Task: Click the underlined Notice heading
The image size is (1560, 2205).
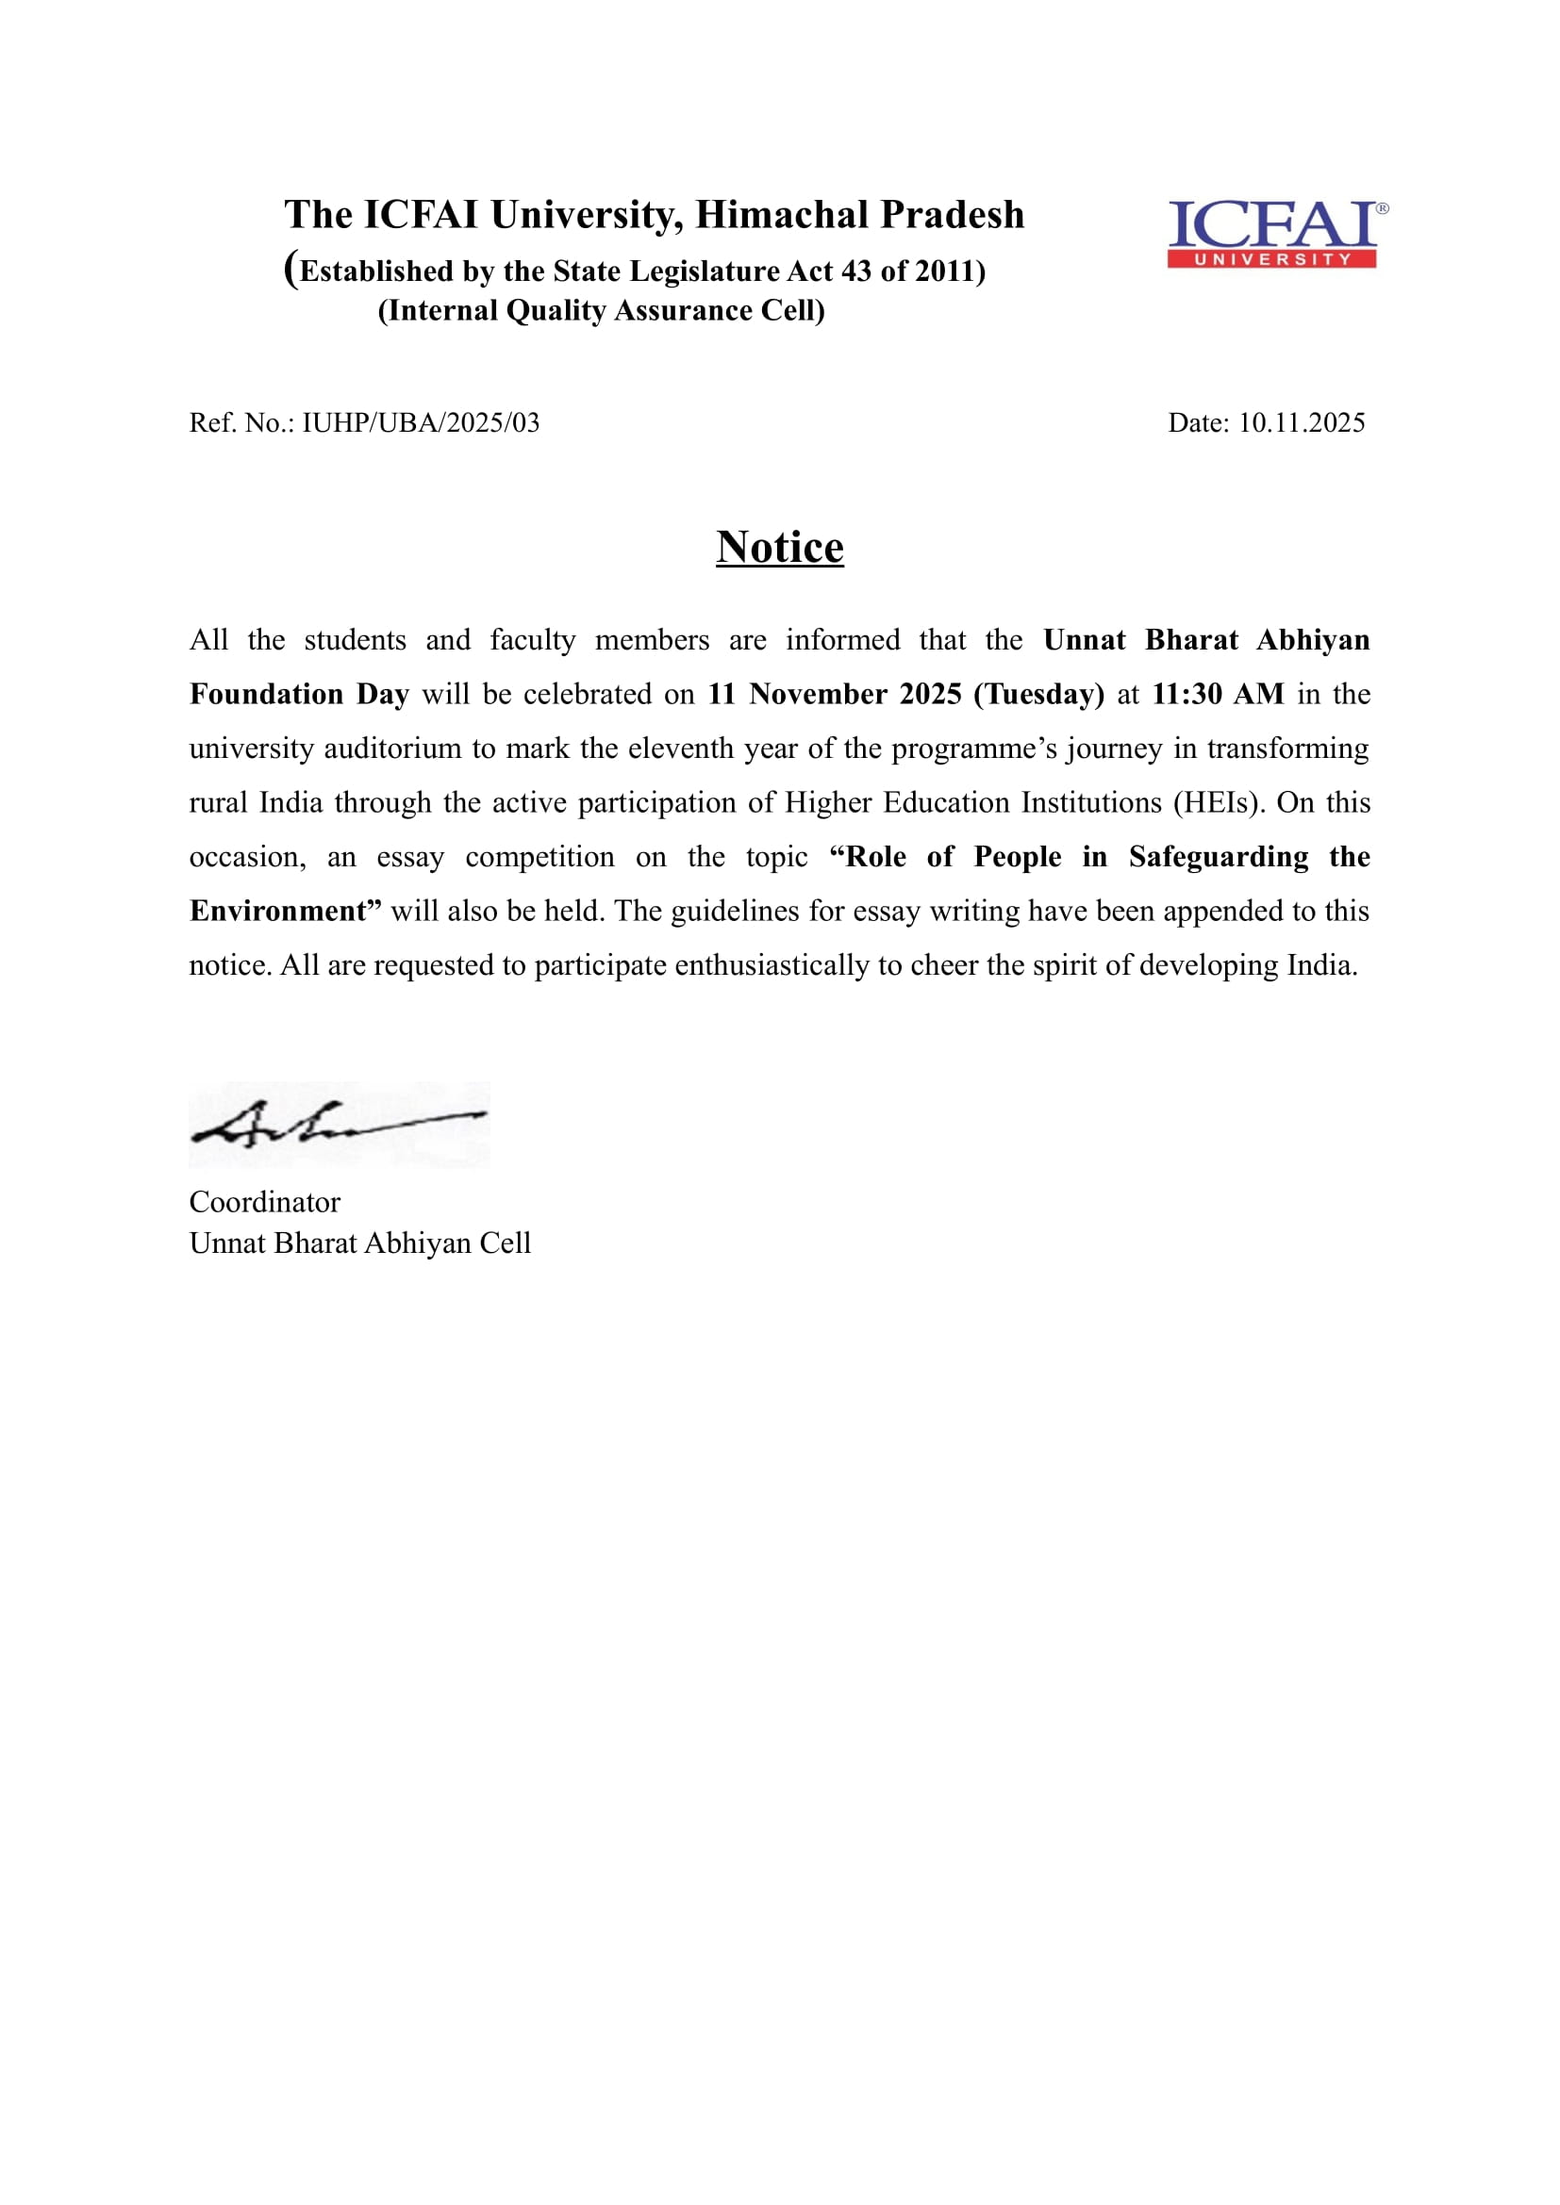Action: [x=779, y=548]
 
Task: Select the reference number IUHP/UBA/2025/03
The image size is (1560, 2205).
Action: [x=421, y=422]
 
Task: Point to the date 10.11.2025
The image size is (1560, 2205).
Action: [x=1301, y=422]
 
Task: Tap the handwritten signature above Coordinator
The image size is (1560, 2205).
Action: [x=339, y=1124]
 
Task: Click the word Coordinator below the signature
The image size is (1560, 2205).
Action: [x=264, y=1201]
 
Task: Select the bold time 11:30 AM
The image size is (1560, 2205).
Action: [x=1217, y=694]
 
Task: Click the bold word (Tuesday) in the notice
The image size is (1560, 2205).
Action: [x=1038, y=694]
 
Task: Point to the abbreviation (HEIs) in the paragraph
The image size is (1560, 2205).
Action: [x=1218, y=802]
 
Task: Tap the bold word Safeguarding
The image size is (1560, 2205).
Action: [x=1218, y=856]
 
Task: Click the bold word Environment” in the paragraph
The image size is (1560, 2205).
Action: [x=285, y=911]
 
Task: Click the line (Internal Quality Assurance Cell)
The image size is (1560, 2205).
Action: [x=601, y=310]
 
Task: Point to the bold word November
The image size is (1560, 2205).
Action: [x=819, y=694]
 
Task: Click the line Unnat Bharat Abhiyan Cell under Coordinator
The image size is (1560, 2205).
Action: [x=359, y=1242]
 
